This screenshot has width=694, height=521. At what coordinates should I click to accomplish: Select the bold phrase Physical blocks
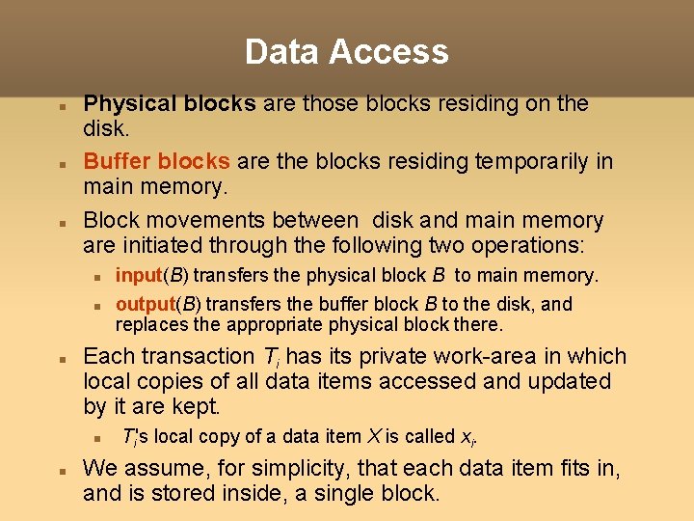point(170,103)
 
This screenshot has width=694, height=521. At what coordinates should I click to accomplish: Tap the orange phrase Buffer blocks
point(156,161)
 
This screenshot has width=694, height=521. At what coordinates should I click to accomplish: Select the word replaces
point(150,325)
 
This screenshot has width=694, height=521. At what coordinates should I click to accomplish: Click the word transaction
point(197,357)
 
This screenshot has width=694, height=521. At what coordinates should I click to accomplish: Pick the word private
point(368,357)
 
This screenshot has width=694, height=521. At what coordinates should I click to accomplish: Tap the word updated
point(568,382)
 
